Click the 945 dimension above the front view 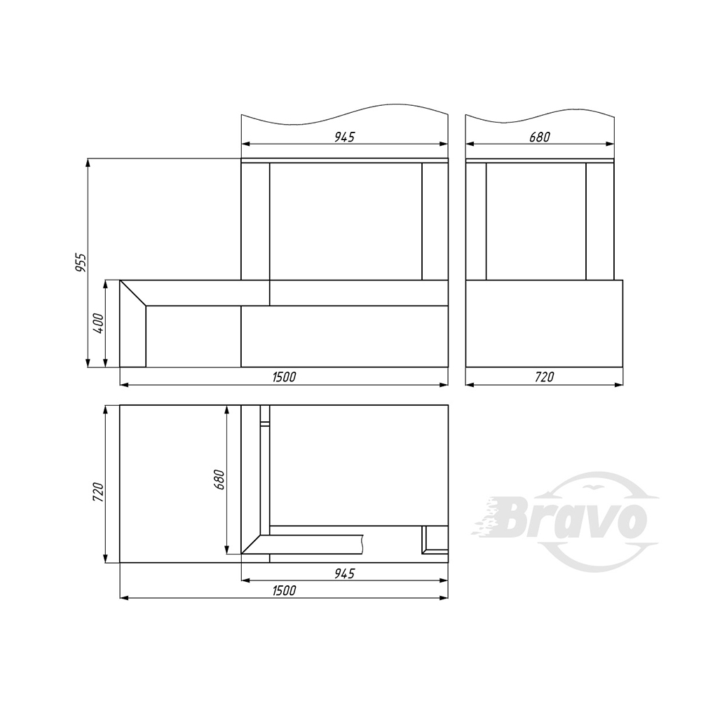[x=344, y=137]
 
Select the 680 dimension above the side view [x=540, y=137]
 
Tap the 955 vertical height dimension [x=81, y=262]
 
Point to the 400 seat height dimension [x=98, y=323]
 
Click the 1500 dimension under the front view [x=285, y=377]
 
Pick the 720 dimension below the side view [x=544, y=377]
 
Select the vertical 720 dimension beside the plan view [x=98, y=492]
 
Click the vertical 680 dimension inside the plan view [x=219, y=479]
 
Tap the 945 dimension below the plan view [x=344, y=573]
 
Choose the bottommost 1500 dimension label [x=285, y=590]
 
